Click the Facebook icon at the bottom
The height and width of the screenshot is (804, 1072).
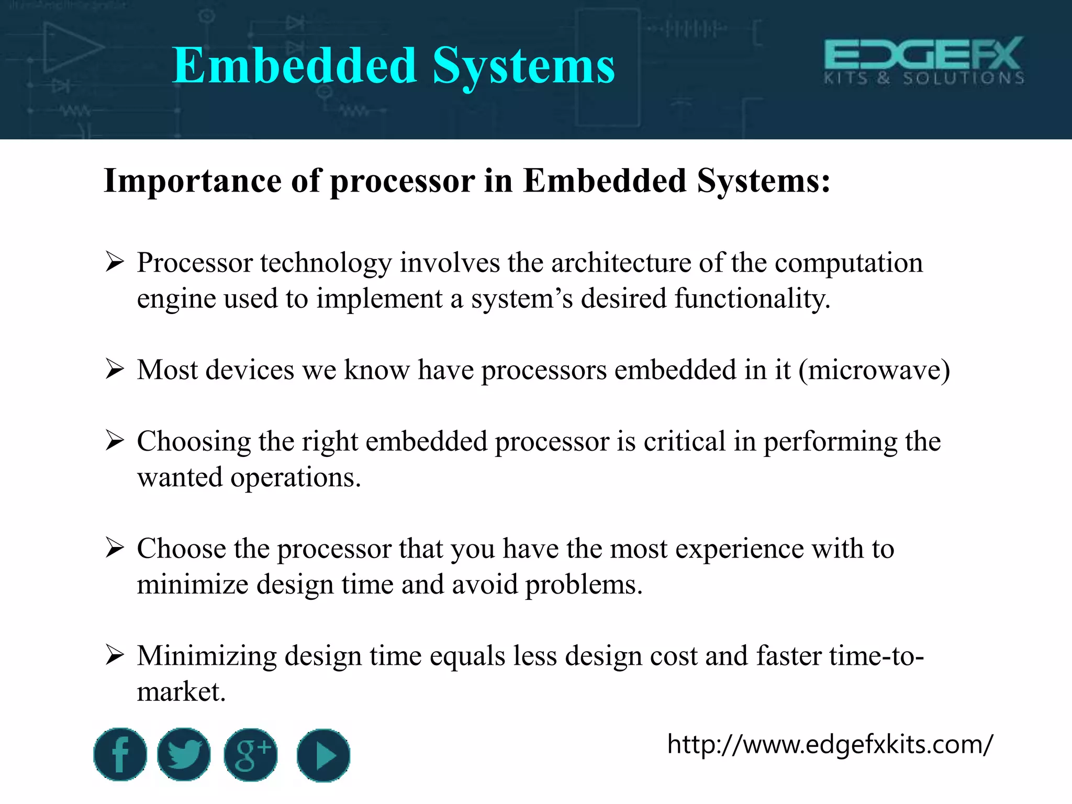120,754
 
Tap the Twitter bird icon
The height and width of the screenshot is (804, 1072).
184,754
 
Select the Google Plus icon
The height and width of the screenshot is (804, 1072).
251,755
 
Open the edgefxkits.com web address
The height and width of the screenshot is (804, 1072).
830,744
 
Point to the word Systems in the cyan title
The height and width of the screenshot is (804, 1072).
523,66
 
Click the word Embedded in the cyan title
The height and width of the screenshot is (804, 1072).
295,66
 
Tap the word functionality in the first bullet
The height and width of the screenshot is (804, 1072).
752,298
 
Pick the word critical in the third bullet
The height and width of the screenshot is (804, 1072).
684,441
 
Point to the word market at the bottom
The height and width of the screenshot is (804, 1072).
181,692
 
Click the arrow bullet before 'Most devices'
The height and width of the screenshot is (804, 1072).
114,369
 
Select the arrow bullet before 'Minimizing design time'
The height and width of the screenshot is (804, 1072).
114,655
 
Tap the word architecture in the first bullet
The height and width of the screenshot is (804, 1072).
621,263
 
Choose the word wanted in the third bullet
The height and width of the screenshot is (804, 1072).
180,477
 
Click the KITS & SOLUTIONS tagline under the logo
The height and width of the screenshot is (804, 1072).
924,79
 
